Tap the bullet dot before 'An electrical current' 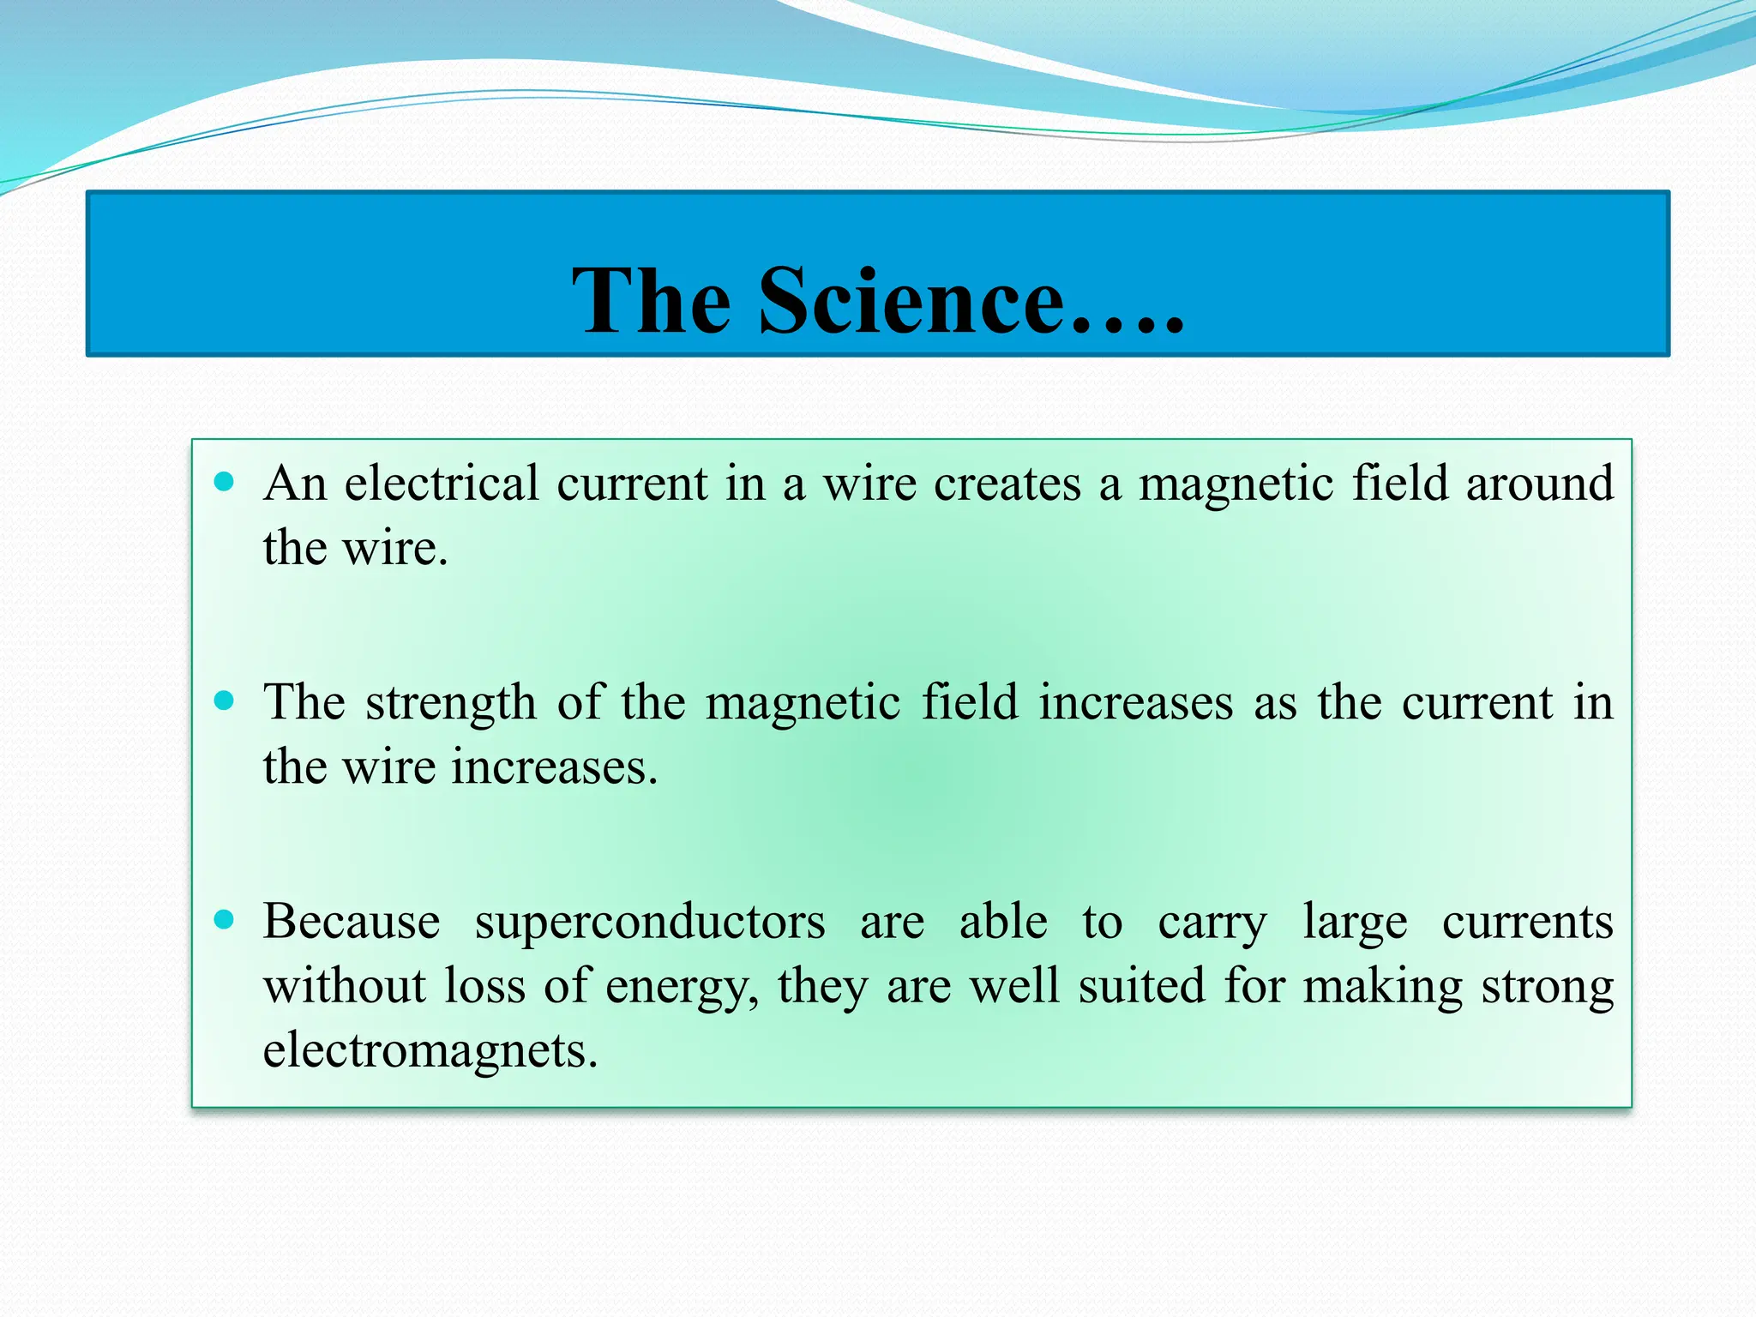224,482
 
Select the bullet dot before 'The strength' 224,701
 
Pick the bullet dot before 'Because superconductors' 224,920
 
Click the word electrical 442,484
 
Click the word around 1540,484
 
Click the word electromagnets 429,1051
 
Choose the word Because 352,922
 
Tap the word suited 1141,986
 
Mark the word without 345,986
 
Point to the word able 1003,922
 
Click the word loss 484,986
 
